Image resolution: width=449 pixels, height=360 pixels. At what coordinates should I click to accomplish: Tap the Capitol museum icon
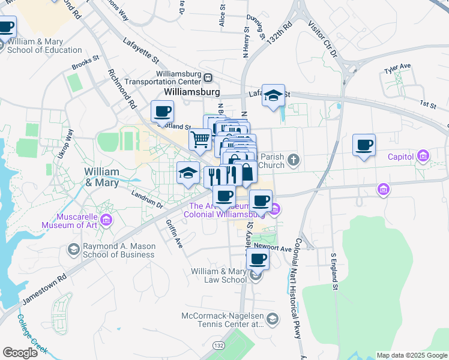click(x=424, y=157)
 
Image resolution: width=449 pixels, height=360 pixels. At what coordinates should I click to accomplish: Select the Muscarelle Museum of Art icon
click(x=107, y=221)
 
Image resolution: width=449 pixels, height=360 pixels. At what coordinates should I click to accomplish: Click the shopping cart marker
click(x=200, y=139)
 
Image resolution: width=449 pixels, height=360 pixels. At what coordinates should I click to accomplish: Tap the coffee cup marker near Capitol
click(x=364, y=145)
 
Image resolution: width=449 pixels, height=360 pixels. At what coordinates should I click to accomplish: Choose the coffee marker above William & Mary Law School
click(x=258, y=259)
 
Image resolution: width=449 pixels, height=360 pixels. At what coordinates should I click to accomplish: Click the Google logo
click(x=20, y=353)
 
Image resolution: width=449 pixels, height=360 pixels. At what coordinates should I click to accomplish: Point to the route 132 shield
click(x=221, y=346)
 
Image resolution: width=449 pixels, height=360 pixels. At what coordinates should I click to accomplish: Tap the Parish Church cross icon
click(x=293, y=159)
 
